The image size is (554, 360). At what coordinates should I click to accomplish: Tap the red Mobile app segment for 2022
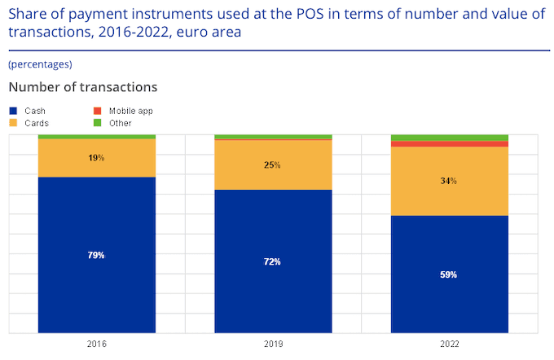[x=450, y=144]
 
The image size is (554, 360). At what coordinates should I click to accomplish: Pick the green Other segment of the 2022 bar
[x=450, y=138]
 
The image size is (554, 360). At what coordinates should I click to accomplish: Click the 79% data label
[x=96, y=255]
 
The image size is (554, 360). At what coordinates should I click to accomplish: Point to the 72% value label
[x=273, y=261]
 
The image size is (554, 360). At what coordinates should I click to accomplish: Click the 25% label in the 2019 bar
[x=273, y=165]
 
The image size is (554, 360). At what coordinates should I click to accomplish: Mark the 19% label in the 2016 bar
[x=96, y=158]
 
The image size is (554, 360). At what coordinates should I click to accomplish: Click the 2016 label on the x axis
[x=96, y=345]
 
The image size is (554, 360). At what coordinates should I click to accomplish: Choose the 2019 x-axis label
[x=273, y=345]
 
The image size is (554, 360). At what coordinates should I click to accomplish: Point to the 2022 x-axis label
[x=450, y=345]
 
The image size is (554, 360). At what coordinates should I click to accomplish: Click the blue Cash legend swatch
[x=13, y=110]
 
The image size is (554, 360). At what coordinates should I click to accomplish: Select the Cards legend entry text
[x=37, y=123]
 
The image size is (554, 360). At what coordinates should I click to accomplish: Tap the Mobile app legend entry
[x=130, y=110]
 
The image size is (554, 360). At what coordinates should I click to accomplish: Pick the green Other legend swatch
[x=97, y=123]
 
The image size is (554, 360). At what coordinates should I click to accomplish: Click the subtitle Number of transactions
[x=82, y=86]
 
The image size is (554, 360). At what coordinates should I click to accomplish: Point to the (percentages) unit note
[x=40, y=64]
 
